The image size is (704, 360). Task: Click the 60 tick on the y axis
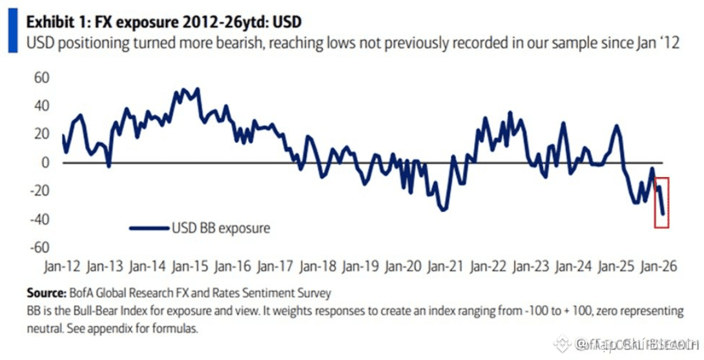(x=41, y=78)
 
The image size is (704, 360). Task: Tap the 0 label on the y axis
(x=45, y=162)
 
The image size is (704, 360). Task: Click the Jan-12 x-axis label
(x=63, y=266)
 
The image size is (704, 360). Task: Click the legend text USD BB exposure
(x=220, y=228)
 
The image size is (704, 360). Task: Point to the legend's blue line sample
(x=149, y=228)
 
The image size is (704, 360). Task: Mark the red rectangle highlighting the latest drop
(x=661, y=202)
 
